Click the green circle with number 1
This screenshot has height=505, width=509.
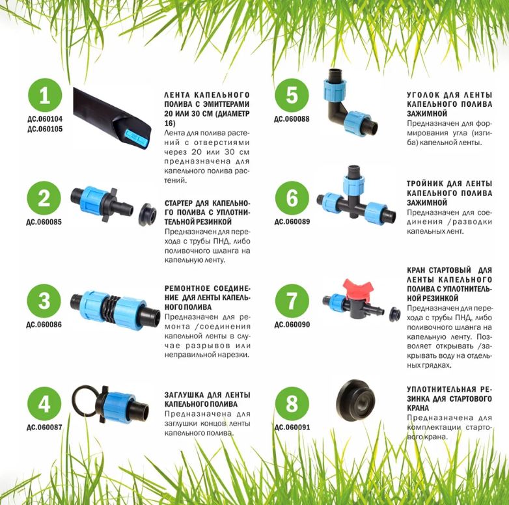[45, 95]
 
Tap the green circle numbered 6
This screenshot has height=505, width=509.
[292, 198]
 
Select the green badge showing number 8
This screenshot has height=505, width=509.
[292, 403]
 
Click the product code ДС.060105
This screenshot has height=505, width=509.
[45, 129]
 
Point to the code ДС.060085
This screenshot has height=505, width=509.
[44, 222]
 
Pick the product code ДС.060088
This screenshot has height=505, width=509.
[292, 119]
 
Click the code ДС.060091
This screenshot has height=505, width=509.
[292, 428]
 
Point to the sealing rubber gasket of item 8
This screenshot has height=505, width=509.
[355, 400]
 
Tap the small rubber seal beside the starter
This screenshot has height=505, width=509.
[147, 215]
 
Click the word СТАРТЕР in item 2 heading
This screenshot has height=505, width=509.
[178, 204]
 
